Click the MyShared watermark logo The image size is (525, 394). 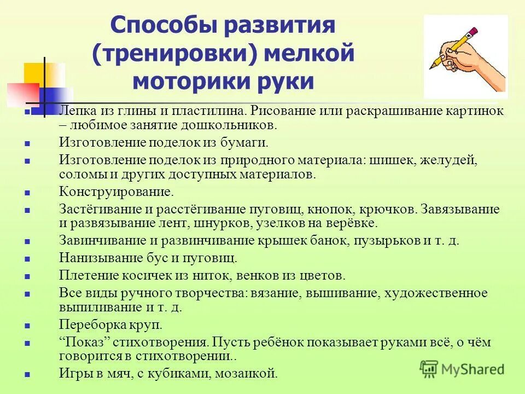pos(462,368)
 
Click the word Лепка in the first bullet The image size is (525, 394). pos(75,111)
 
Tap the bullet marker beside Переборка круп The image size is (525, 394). pos(27,326)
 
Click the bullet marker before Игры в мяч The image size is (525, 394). pos(27,375)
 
